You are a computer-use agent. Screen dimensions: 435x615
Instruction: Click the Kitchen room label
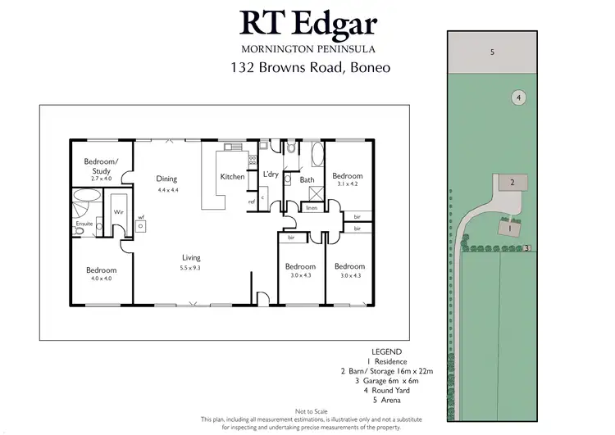(x=233, y=177)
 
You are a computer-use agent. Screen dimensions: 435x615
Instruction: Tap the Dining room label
(x=167, y=179)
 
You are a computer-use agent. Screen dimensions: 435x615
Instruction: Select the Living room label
(x=191, y=258)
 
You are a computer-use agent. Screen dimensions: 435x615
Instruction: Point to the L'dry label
(x=271, y=174)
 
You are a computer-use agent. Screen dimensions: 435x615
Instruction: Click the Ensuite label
(x=84, y=224)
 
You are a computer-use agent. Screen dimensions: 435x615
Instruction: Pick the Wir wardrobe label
(x=118, y=211)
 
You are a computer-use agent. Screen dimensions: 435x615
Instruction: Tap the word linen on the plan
(x=312, y=209)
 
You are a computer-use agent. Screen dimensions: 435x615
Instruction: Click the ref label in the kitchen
(x=252, y=202)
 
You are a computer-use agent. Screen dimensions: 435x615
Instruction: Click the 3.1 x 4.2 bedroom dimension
(x=348, y=184)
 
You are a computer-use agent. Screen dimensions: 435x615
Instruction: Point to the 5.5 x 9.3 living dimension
(x=191, y=268)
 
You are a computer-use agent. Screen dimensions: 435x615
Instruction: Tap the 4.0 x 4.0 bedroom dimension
(x=102, y=279)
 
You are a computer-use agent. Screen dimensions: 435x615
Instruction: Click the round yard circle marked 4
(x=518, y=97)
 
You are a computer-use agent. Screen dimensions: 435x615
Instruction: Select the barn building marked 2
(x=512, y=182)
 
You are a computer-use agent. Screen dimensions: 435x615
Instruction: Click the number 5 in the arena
(x=492, y=52)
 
